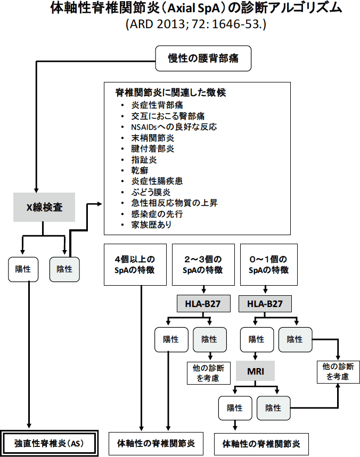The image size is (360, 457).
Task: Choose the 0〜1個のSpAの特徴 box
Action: click(x=269, y=264)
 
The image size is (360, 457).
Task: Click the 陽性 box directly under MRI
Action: click(x=235, y=408)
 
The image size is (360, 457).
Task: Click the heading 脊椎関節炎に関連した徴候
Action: click(x=170, y=93)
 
